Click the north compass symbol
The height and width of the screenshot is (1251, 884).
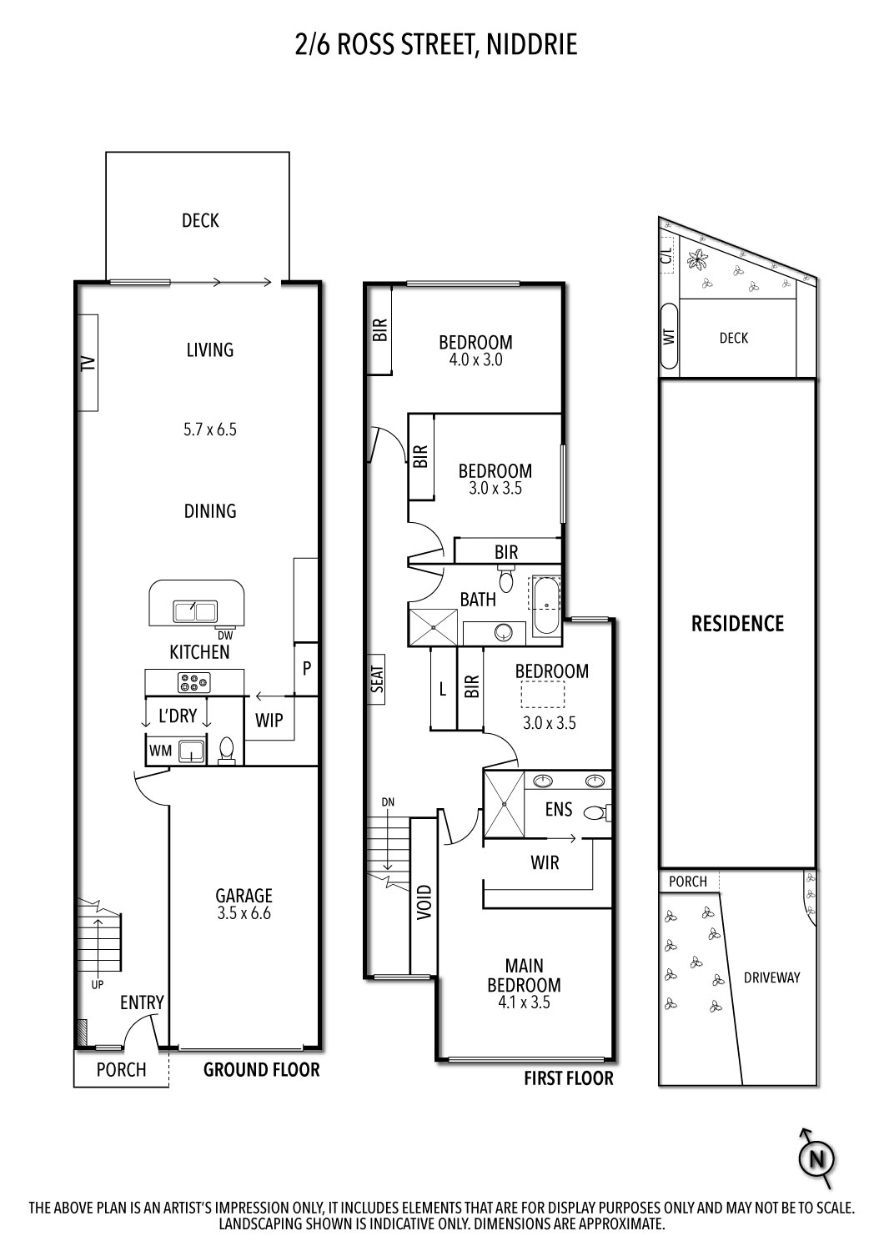(817, 1159)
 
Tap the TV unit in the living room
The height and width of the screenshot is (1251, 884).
(88, 362)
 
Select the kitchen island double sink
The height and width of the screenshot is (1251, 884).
(195, 611)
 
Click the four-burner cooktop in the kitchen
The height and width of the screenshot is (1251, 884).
(193, 683)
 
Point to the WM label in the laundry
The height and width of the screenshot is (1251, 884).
(160, 751)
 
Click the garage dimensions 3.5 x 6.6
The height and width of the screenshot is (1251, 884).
(244, 913)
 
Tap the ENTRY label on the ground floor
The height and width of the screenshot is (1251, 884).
(142, 1002)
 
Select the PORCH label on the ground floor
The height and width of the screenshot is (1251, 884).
(121, 1070)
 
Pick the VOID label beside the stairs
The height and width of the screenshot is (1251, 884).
(424, 902)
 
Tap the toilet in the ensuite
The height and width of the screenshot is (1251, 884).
(597, 811)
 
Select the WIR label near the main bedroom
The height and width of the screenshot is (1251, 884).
(545, 862)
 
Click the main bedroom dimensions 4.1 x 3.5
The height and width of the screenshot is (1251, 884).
(524, 1003)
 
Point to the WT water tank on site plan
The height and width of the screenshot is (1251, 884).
(669, 337)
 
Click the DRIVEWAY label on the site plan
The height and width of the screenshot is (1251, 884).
(771, 977)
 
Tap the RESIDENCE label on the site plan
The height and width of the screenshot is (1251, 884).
(737, 624)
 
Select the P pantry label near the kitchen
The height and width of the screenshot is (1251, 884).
(307, 668)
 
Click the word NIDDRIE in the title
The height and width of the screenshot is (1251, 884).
(530, 44)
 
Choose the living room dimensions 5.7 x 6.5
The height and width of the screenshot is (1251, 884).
(210, 430)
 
